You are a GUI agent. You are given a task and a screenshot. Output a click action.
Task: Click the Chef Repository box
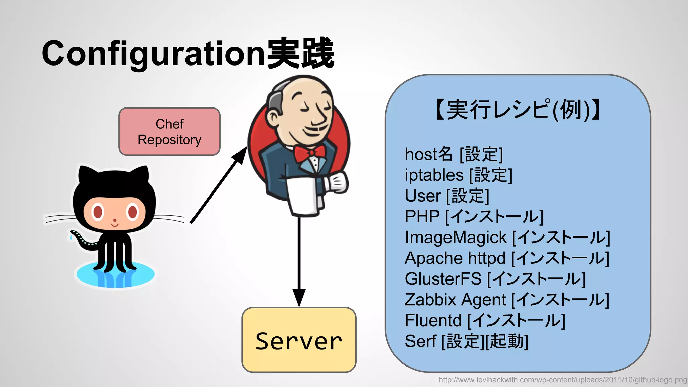point(169,132)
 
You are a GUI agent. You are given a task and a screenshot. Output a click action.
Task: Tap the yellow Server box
point(299,340)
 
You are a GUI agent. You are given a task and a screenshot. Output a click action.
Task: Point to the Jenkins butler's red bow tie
point(310,153)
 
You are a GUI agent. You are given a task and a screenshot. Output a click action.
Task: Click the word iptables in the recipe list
point(434,175)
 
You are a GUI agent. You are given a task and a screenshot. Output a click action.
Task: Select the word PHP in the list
point(422,217)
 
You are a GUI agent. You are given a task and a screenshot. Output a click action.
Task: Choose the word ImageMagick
point(456,238)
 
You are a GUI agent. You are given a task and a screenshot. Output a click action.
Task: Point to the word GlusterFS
point(443,279)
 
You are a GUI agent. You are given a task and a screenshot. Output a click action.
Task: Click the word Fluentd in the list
point(433,320)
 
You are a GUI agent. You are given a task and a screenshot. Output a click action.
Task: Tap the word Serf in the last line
point(420,341)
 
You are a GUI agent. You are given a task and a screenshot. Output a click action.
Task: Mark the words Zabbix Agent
point(455,300)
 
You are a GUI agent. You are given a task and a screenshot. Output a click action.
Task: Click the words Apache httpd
point(455,258)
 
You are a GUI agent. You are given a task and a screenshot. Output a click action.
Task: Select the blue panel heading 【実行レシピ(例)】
point(518,110)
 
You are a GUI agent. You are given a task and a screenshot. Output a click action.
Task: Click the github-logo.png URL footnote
point(563,380)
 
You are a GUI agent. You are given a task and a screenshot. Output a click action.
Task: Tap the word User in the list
point(423,196)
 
